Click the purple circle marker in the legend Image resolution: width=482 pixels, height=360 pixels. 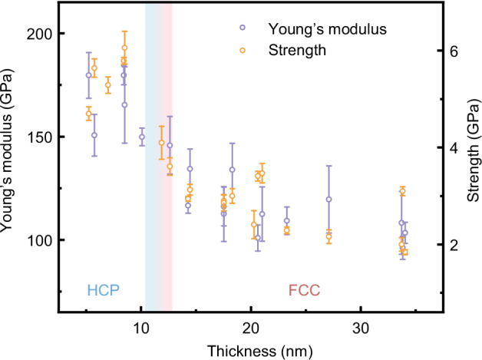coord(243,28)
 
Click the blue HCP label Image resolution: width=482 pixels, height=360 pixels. coord(101,291)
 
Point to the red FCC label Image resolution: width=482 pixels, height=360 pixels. coord(304,291)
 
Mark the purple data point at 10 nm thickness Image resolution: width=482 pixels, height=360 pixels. coord(142,137)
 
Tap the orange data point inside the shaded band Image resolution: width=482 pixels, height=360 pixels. coord(161,143)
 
